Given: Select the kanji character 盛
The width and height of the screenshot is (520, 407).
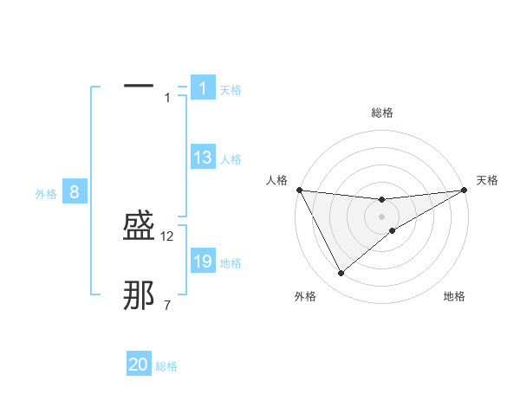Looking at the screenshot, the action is (139, 229).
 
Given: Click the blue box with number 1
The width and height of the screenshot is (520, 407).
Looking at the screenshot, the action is (202, 88).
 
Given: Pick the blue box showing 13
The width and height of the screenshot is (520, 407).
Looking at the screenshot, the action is (203, 158).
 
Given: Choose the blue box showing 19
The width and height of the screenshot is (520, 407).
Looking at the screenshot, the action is (203, 262).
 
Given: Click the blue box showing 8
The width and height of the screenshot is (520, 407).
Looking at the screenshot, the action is (75, 192).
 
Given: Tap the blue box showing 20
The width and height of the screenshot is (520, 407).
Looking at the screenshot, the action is (139, 365).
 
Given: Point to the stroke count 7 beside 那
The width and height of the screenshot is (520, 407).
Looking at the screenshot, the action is (167, 305).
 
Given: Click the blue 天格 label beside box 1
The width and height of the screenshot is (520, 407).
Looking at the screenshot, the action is (231, 90).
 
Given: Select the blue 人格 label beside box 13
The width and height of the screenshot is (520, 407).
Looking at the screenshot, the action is (231, 159).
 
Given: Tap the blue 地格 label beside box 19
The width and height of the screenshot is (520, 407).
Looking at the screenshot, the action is (231, 263).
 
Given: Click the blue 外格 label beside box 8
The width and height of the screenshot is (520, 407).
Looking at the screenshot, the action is (46, 194).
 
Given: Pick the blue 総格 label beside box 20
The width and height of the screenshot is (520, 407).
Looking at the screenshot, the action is (166, 366).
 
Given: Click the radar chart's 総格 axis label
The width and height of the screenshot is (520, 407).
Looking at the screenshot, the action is (382, 113).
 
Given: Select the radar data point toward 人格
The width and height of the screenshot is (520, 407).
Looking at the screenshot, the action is (300, 190).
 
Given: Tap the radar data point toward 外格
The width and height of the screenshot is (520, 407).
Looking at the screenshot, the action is (341, 274).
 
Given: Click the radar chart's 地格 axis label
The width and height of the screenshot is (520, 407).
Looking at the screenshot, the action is (454, 296).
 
